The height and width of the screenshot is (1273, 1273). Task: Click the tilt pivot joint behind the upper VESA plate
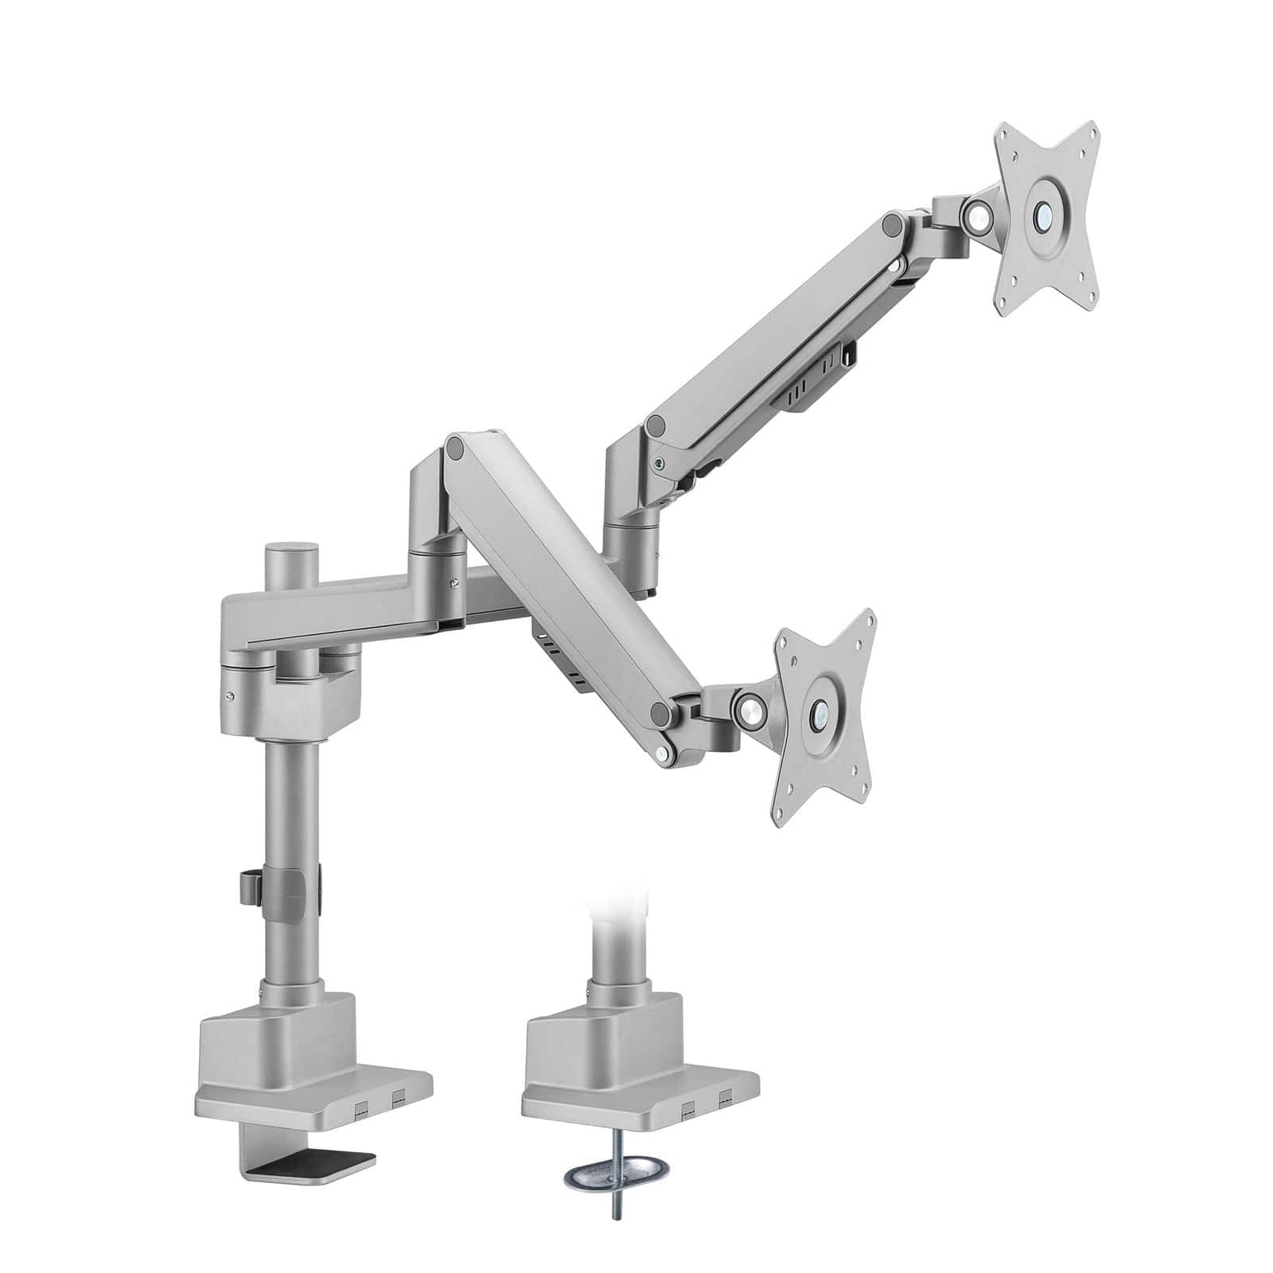pyautogui.click(x=976, y=212)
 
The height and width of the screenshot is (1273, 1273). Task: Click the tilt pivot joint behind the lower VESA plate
pyautogui.click(x=749, y=704)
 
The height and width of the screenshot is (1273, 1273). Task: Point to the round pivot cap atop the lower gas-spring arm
pyautogui.click(x=456, y=449)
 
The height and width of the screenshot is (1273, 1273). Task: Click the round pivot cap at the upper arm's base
pyautogui.click(x=656, y=425)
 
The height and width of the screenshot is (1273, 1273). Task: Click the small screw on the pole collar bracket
pyautogui.click(x=230, y=695)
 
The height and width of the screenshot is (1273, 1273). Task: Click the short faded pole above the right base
pyautogui.click(x=613, y=947)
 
